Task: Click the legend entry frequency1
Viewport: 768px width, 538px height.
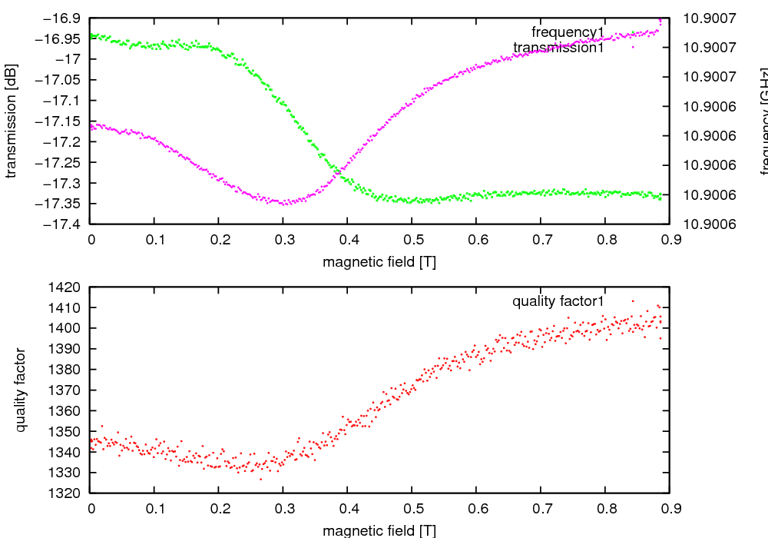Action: tap(568, 32)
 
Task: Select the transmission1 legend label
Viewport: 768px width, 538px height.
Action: tap(558, 48)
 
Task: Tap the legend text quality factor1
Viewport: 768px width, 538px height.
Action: tap(558, 301)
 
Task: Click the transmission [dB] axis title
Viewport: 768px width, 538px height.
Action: tap(11, 121)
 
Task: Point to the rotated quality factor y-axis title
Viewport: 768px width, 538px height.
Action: tap(22, 390)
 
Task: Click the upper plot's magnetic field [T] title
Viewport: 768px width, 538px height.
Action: tap(379, 262)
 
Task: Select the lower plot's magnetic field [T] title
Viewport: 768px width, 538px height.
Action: tap(379, 530)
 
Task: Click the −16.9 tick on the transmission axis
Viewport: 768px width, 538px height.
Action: tap(65, 18)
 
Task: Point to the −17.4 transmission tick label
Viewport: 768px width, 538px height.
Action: tap(65, 224)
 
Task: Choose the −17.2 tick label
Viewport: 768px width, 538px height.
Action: tap(65, 141)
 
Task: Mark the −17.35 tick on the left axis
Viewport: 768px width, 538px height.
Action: tap(61, 204)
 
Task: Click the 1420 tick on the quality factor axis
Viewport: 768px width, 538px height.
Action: tap(68, 287)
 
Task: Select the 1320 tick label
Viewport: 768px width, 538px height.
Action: tap(68, 493)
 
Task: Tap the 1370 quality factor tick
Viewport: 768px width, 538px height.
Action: tap(68, 390)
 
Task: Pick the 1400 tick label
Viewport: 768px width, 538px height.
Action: tap(68, 328)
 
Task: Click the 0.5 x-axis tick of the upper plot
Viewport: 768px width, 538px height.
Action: tap(412, 240)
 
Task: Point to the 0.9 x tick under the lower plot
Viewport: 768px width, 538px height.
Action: tap(669, 508)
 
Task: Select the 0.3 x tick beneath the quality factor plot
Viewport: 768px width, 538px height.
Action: tap(283, 508)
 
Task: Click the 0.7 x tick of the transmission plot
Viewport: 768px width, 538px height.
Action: tap(541, 240)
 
